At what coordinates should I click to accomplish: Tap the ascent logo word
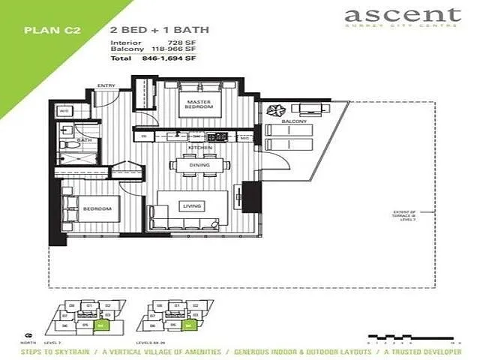click(402, 15)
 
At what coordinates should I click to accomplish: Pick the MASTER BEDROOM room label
click(199, 104)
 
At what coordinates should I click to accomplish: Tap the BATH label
click(84, 140)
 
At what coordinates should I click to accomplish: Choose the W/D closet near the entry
click(64, 112)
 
